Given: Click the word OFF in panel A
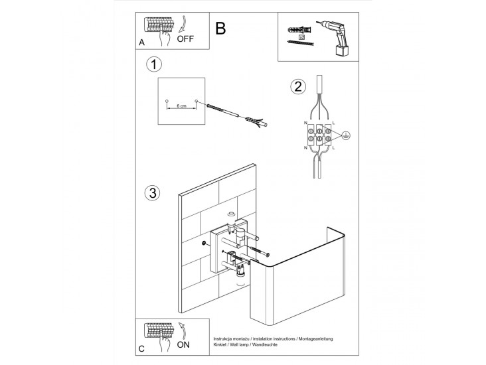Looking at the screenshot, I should point(185,39).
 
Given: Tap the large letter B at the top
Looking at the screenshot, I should point(221,29).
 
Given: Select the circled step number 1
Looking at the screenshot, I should point(154,64).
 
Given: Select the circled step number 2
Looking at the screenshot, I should point(299,86).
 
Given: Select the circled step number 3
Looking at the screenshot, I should point(153,193).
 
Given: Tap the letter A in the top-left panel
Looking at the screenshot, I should point(141,42).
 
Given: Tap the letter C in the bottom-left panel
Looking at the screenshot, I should point(141,348).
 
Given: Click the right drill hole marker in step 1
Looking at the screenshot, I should point(196,102).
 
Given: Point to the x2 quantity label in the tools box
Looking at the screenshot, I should point(302,37).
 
